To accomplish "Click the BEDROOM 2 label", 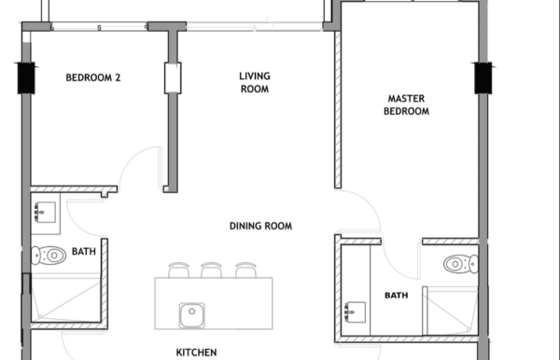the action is click(x=93, y=77).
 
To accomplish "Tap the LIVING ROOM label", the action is click(x=255, y=82).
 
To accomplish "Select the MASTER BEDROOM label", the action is click(x=406, y=104).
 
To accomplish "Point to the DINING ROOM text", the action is click(x=260, y=226).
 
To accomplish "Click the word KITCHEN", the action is click(x=196, y=353).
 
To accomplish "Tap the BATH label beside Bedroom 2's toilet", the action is click(x=84, y=252).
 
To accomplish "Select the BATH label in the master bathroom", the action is click(x=397, y=296).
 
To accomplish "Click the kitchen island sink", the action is click(x=192, y=315).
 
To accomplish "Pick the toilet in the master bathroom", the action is click(x=461, y=264).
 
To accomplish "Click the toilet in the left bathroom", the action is click(x=49, y=256).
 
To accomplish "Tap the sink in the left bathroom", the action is click(x=45, y=213).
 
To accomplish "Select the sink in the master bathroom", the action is click(x=355, y=312).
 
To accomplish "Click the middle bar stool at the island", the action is click(x=212, y=270).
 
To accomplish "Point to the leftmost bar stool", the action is click(x=178, y=270).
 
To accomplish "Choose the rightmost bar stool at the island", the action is click(x=245, y=270).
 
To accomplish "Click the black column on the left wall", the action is click(x=26, y=78).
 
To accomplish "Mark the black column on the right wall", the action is click(x=483, y=78).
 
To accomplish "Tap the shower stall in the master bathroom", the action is click(x=451, y=312).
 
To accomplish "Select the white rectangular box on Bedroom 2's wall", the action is click(x=173, y=78).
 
